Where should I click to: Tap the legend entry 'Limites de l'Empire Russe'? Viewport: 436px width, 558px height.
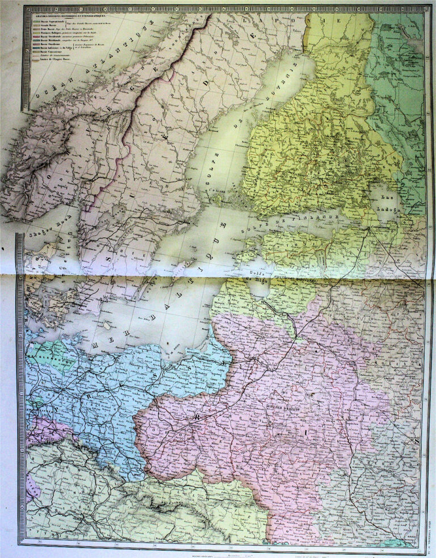pos(54,60)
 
